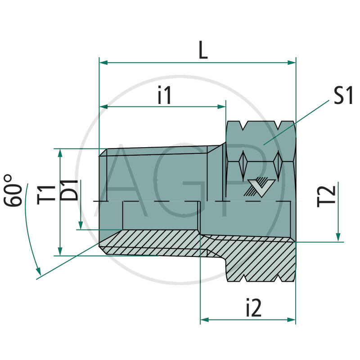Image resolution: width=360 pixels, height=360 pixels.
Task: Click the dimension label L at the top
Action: pos(203,51)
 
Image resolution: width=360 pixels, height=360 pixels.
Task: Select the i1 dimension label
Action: pos(164,96)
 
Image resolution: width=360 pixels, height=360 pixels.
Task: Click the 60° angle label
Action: pos(15,190)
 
